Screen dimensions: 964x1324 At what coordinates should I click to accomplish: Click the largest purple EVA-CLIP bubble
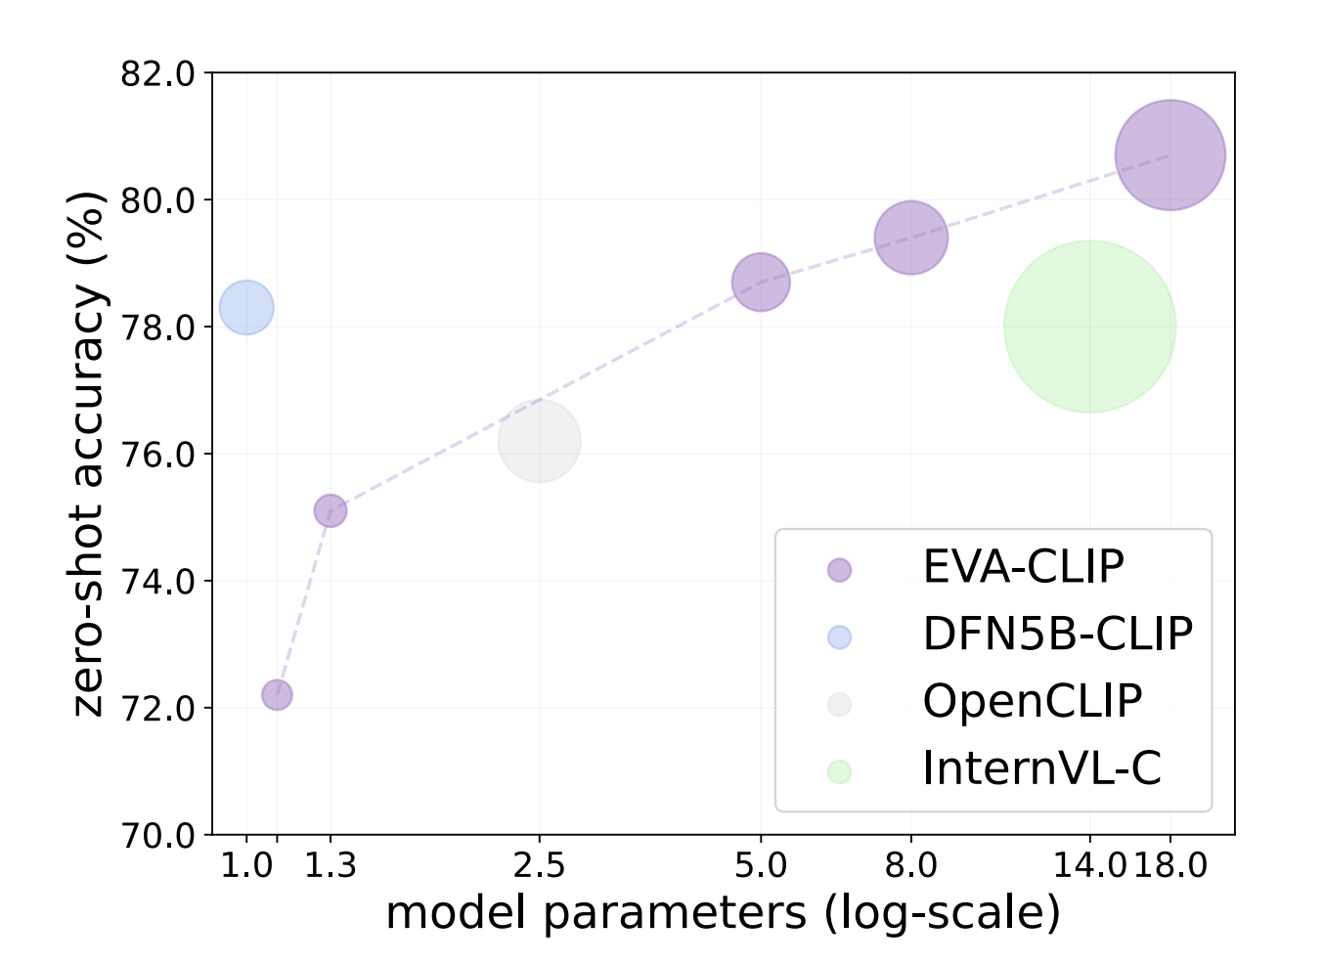[1170, 154]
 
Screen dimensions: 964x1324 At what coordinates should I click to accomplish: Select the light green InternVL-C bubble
[1089, 327]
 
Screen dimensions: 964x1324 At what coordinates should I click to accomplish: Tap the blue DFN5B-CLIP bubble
[246, 307]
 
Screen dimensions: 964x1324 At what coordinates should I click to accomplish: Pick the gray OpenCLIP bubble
[539, 441]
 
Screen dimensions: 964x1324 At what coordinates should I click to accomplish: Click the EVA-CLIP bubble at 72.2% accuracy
[277, 694]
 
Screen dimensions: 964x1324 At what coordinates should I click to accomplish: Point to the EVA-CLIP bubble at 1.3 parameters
[331, 510]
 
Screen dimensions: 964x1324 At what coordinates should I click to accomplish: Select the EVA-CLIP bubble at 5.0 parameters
[761, 283]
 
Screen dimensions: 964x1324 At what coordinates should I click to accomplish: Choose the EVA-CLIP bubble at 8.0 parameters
[910, 238]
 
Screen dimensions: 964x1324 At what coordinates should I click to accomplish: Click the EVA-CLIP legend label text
[1023, 567]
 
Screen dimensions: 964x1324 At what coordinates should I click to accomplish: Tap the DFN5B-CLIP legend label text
[1057, 635]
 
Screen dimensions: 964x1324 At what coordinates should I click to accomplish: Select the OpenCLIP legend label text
[1032, 702]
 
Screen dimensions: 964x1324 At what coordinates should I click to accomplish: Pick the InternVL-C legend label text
[1041, 769]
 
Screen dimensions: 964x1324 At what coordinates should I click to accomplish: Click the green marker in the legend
[839, 771]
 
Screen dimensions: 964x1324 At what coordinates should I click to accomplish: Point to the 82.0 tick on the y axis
[157, 73]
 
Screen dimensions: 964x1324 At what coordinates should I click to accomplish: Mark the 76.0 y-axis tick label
[157, 455]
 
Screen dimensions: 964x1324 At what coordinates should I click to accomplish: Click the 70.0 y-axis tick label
[157, 836]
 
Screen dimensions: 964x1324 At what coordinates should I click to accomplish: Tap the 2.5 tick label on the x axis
[539, 865]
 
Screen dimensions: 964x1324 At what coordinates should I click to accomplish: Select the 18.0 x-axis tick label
[1171, 865]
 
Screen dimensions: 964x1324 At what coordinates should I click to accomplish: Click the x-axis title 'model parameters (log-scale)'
[723, 913]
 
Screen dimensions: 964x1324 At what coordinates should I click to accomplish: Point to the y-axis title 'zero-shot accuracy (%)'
[89, 454]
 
